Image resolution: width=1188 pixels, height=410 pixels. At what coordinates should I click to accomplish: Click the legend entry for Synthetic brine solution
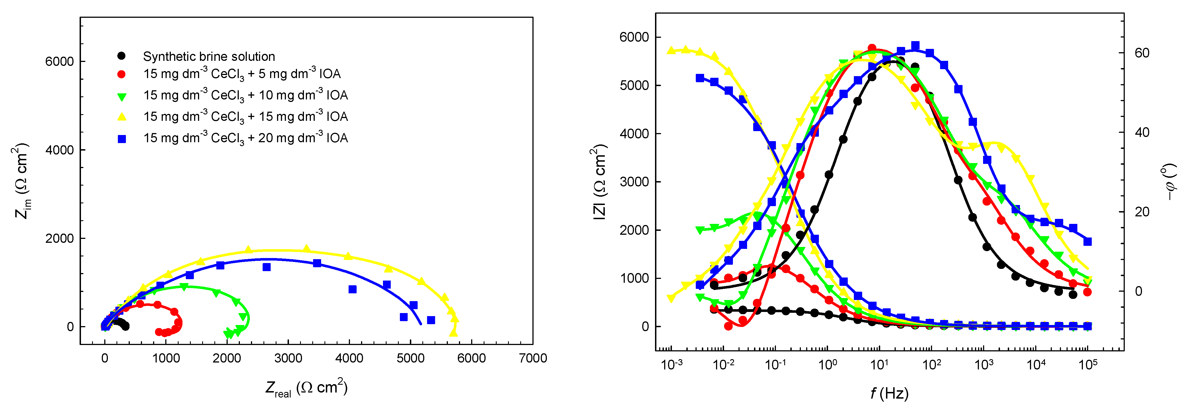209,56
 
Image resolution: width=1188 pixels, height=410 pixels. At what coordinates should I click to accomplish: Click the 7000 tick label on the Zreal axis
533,358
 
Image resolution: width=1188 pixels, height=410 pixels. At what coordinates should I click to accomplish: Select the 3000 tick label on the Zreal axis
288,358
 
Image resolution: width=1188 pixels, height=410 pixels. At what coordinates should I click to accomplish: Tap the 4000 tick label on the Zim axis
60,150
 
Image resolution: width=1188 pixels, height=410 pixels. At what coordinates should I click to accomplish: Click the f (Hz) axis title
889,393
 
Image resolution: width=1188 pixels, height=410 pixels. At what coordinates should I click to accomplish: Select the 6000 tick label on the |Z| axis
634,37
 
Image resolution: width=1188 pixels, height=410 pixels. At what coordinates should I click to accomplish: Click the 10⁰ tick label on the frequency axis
827,365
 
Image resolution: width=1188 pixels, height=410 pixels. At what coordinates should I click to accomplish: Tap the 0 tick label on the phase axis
1139,291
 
